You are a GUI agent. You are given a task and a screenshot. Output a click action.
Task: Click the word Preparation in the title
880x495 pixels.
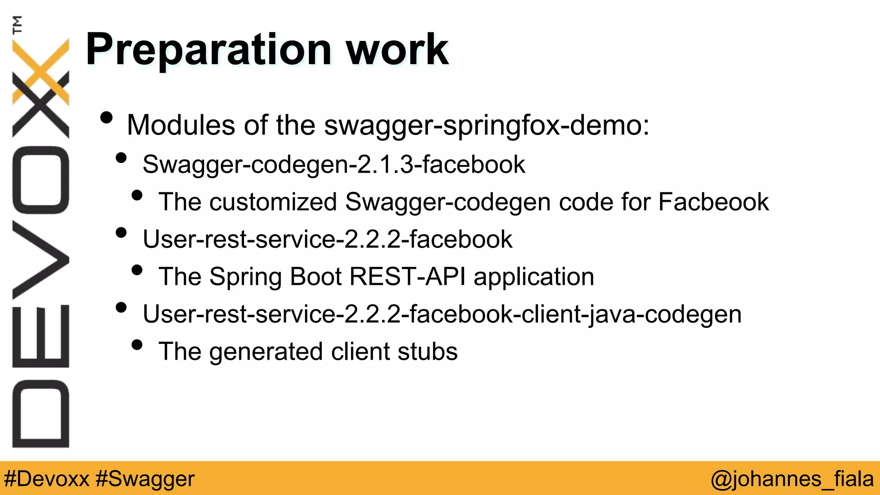(x=208, y=50)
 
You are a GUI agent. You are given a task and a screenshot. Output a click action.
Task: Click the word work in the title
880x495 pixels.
(x=397, y=50)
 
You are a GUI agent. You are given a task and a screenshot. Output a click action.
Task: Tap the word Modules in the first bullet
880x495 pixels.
(x=181, y=125)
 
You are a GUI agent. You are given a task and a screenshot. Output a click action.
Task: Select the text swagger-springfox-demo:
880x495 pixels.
(x=486, y=125)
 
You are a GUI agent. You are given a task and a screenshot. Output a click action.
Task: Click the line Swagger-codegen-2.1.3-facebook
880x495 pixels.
(x=334, y=165)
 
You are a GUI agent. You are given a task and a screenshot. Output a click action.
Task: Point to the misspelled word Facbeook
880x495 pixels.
(x=713, y=202)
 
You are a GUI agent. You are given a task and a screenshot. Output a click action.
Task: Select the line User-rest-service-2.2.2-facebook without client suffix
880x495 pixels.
(x=327, y=239)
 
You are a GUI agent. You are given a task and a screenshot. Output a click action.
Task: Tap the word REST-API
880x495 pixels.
(x=407, y=276)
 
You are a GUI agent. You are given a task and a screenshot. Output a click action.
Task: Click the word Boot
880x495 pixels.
(x=316, y=276)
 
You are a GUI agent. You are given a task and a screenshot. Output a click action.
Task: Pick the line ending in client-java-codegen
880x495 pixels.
(x=442, y=314)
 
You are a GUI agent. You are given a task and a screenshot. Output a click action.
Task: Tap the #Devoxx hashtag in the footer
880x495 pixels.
(x=46, y=479)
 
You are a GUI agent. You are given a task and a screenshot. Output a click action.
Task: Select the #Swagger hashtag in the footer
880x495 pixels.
(x=145, y=479)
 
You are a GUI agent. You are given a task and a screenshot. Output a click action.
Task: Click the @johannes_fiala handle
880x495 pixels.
(x=792, y=479)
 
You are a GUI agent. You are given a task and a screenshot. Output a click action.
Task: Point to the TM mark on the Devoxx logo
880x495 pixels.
(x=17, y=24)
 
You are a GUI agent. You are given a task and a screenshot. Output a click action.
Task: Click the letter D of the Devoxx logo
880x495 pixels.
(x=41, y=413)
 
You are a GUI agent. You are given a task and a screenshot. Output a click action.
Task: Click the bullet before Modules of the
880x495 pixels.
(x=106, y=118)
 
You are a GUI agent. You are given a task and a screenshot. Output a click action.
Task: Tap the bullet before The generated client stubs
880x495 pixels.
(x=137, y=345)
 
